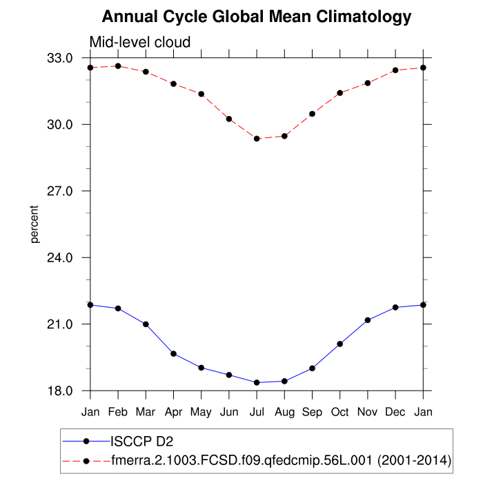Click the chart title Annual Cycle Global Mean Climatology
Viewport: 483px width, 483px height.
pyautogui.click(x=257, y=16)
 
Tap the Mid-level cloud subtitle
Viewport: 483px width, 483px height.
pyautogui.click(x=140, y=43)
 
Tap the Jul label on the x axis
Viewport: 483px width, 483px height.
pyautogui.click(x=257, y=412)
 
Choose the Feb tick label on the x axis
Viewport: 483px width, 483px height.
pyautogui.click(x=118, y=412)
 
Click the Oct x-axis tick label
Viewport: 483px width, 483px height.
pyautogui.click(x=340, y=412)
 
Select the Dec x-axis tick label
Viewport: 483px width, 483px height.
pyautogui.click(x=395, y=412)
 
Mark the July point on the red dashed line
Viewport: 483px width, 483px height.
pyautogui.click(x=257, y=139)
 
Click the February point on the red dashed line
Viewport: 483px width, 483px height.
pyautogui.click(x=118, y=66)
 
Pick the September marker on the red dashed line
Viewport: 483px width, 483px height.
pyautogui.click(x=312, y=114)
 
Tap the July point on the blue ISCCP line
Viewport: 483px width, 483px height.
pyautogui.click(x=257, y=382)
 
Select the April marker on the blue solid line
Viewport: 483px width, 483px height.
pyautogui.click(x=174, y=354)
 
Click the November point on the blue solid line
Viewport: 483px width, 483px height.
pyautogui.click(x=368, y=320)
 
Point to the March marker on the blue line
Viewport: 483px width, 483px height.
pyautogui.click(x=146, y=324)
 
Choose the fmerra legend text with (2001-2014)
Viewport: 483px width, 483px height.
pyautogui.click(x=282, y=460)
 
